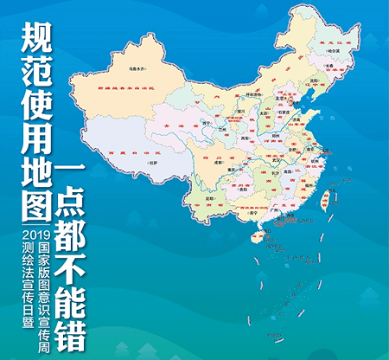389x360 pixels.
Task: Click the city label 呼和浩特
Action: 253,94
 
